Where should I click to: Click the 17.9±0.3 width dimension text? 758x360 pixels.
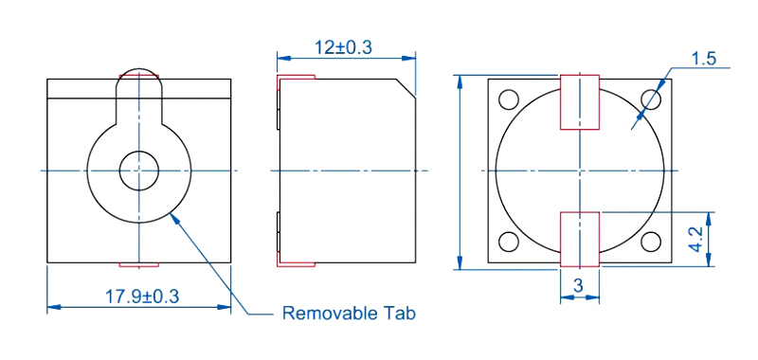tap(142, 297)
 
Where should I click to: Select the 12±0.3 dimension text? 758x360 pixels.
tap(344, 47)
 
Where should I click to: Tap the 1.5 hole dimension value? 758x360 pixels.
tap(703, 59)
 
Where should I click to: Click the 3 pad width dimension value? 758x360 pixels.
tap(578, 286)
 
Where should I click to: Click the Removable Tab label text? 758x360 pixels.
tap(349, 314)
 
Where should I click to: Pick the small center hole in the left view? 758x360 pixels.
tap(139, 171)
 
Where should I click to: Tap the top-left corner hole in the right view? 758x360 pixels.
tap(509, 99)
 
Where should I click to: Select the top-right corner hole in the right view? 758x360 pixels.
tap(651, 99)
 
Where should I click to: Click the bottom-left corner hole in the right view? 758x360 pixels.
tap(509, 242)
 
